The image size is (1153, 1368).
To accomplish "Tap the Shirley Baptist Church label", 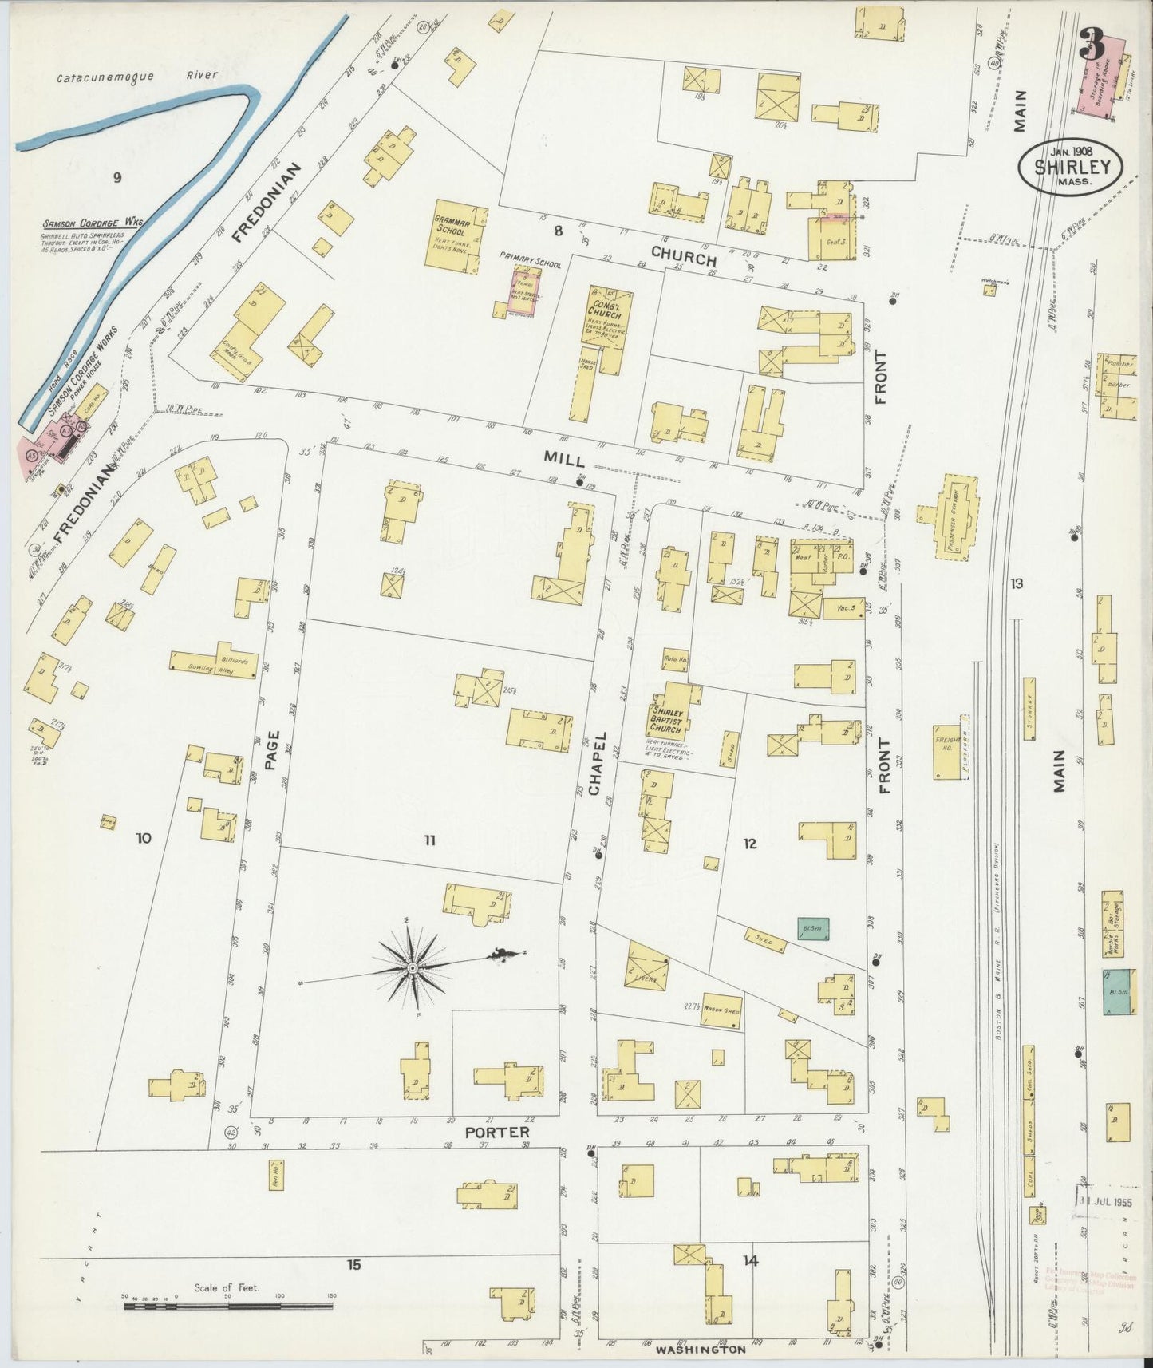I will [x=667, y=720].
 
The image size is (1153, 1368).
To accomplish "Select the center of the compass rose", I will [x=412, y=967].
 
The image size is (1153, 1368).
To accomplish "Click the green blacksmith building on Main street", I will [x=1117, y=990].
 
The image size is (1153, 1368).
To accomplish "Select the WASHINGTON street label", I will [x=701, y=1350].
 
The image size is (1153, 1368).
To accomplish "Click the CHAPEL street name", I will [x=599, y=762].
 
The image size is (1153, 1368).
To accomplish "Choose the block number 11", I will [x=429, y=839].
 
